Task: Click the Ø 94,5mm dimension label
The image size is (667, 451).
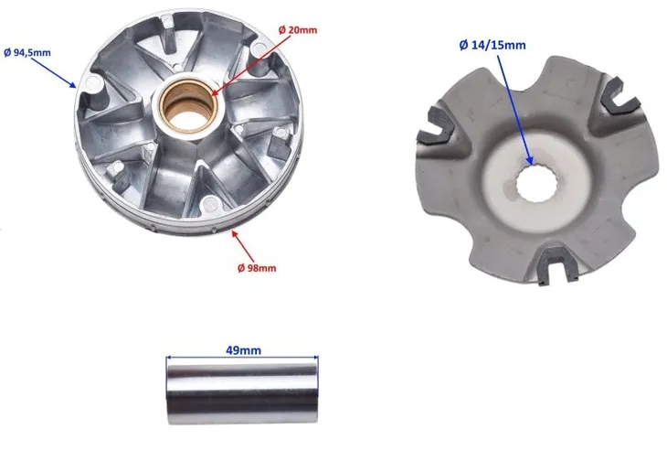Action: pos(27,53)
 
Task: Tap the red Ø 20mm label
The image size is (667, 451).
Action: pos(298,30)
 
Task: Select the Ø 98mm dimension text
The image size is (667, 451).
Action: pos(257,268)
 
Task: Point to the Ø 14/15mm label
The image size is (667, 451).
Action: pos(492,45)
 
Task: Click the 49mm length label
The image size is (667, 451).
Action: pos(243,350)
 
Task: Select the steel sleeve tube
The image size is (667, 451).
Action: pos(242,391)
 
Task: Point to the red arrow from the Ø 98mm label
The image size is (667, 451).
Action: pos(242,246)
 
